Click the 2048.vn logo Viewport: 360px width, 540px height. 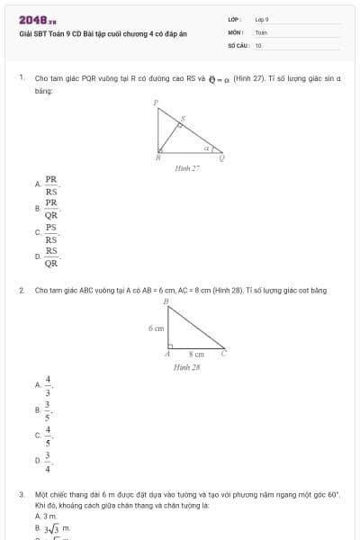click(x=36, y=19)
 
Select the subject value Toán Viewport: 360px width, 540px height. click(x=261, y=31)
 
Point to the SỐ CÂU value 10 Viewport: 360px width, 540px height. click(x=258, y=44)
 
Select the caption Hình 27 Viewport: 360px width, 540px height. click(x=187, y=168)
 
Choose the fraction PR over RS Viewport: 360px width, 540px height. click(x=51, y=184)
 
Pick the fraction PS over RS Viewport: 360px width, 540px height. click(x=51, y=233)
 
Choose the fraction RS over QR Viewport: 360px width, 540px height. click(x=51, y=257)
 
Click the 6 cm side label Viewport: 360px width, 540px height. click(x=157, y=328)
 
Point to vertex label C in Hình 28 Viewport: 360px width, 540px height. click(x=223, y=355)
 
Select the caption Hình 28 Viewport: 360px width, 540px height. click(x=187, y=367)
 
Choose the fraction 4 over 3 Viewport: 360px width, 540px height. click(x=49, y=385)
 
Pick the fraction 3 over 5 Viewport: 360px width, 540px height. click(x=49, y=411)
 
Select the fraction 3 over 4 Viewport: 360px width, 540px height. click(x=49, y=462)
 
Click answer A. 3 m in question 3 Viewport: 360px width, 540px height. click(x=45, y=516)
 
